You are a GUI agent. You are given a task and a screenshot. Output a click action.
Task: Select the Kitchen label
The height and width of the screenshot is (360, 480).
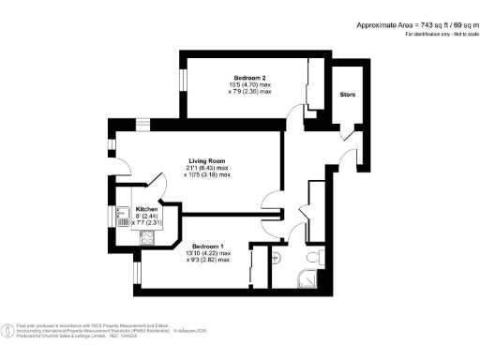(146, 209)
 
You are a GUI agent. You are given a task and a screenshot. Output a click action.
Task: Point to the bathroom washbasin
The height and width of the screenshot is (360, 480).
(277, 256)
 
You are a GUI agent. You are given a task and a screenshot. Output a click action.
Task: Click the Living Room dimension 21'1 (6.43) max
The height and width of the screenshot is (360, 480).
(207, 168)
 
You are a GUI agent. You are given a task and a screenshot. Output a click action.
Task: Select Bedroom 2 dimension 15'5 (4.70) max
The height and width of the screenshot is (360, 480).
(250, 85)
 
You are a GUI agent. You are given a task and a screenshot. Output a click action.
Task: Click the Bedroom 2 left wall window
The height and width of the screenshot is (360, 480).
(184, 80)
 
